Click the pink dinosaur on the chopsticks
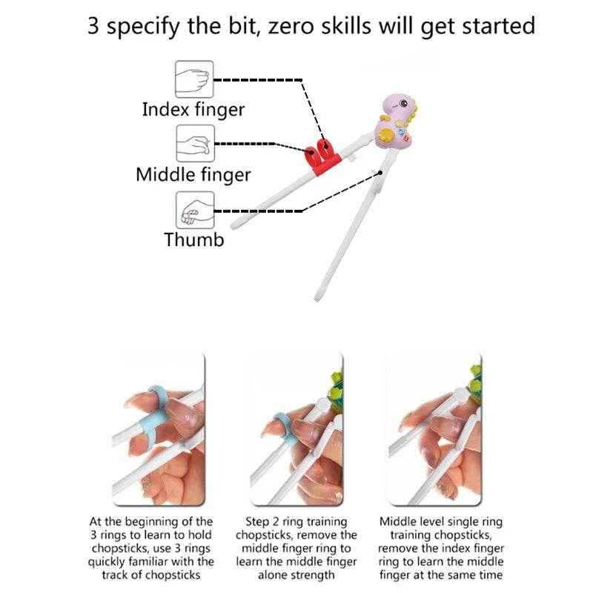(394, 122)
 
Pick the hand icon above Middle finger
(194, 143)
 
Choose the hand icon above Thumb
(194, 210)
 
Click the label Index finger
(193, 110)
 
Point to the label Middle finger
(193, 175)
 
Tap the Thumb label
(194, 239)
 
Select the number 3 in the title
(94, 26)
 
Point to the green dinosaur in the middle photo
(335, 391)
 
